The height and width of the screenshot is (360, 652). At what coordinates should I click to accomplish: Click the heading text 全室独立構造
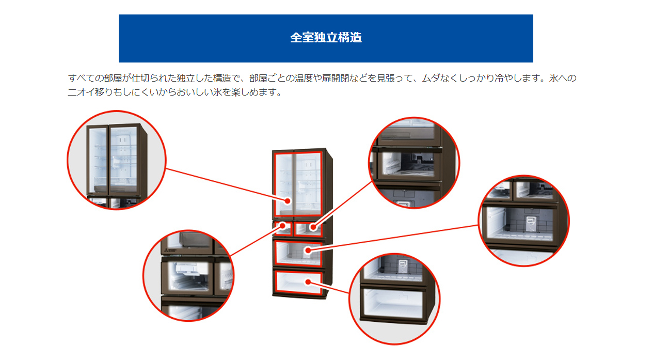326,38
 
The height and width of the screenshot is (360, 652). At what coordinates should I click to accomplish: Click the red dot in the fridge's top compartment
288,200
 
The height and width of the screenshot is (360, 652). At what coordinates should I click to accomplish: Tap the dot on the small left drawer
283,226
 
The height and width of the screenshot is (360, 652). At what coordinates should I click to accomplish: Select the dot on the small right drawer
313,227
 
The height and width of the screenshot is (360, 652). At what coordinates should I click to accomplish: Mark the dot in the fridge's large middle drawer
308,251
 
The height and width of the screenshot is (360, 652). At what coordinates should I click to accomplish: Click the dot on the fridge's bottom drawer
308,281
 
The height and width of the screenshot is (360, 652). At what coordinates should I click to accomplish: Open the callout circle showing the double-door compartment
117,160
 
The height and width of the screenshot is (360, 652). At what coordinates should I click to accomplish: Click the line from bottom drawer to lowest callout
330,288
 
